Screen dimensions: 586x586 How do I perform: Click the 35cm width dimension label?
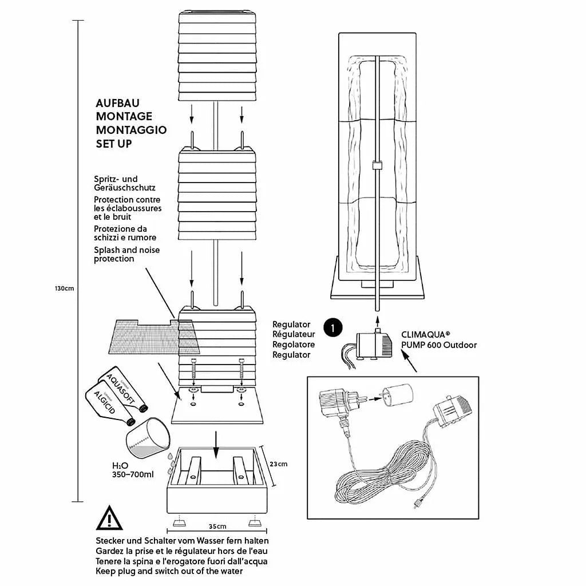pyautogui.click(x=217, y=526)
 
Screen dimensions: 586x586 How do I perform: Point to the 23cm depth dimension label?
pyautogui.click(x=278, y=464)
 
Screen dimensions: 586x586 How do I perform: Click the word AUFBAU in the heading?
pyautogui.click(x=117, y=104)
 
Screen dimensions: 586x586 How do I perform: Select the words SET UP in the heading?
pyautogui.click(x=114, y=143)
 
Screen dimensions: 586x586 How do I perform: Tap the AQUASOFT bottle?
pyautogui.click(x=122, y=390)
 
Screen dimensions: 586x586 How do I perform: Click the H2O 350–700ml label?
pyautogui.click(x=133, y=470)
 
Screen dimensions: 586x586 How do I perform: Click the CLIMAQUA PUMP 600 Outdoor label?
pyautogui.click(x=438, y=340)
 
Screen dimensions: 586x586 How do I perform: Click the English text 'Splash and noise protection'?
pyautogui.click(x=126, y=255)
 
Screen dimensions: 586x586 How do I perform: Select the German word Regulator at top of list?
pyautogui.click(x=291, y=324)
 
